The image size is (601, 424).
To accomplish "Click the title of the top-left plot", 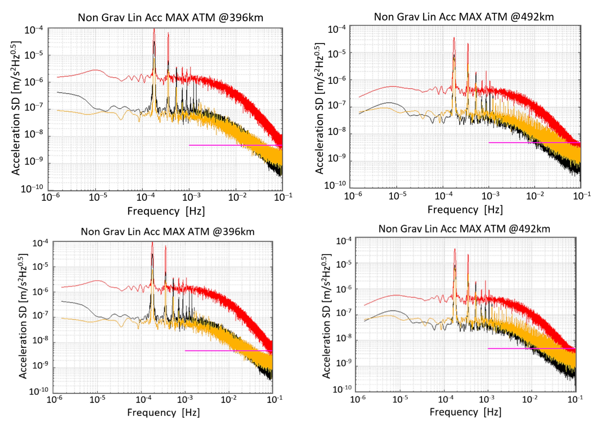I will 170,18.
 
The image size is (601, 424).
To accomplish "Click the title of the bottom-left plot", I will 168,232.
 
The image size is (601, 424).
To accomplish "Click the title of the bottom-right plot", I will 464,229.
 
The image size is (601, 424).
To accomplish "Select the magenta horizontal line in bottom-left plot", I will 228,351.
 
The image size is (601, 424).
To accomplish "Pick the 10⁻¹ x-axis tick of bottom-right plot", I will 575,399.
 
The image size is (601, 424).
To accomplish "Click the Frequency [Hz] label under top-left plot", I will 166,211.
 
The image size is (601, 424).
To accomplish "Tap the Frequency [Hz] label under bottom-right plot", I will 465,412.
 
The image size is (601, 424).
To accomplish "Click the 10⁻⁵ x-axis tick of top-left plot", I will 98,197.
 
